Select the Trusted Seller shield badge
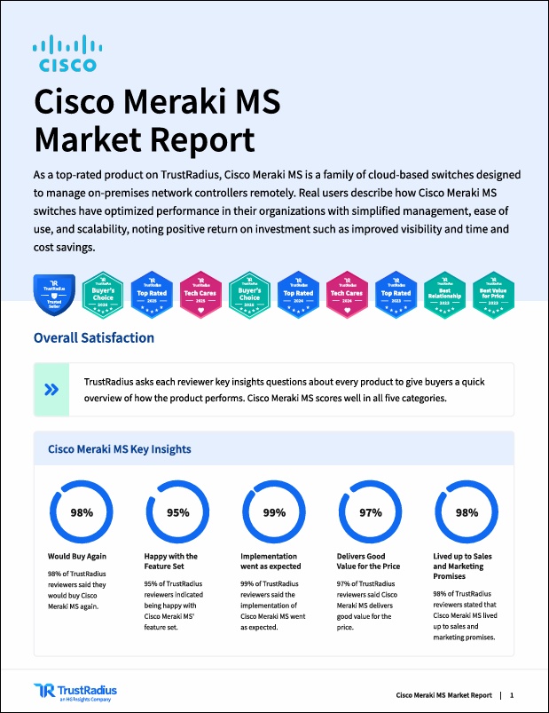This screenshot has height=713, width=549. (53, 295)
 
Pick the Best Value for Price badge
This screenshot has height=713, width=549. (493, 294)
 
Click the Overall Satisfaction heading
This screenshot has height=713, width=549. (93, 337)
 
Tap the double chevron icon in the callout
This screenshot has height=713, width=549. (52, 389)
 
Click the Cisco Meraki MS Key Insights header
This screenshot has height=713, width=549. (119, 449)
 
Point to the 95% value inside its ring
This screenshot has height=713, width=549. (178, 512)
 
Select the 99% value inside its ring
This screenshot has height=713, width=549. (274, 512)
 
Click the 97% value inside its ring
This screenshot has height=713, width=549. (370, 512)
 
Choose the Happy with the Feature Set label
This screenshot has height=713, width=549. (171, 561)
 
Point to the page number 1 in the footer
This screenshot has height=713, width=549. (512, 694)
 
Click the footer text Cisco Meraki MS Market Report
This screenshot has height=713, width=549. (443, 694)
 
